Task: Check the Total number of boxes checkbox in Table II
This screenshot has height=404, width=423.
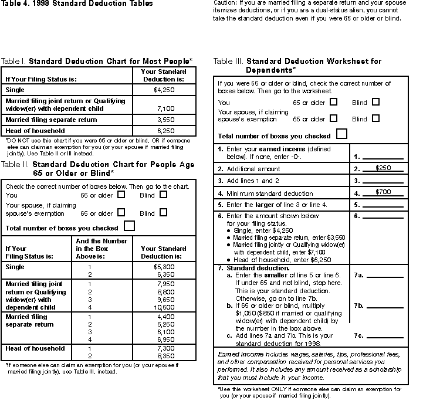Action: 130,226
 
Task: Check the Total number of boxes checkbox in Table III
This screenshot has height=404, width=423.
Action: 341,134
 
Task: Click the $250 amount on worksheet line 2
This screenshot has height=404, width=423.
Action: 384,168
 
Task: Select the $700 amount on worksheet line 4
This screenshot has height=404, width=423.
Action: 384,192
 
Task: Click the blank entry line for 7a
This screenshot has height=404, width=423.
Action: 385,276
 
